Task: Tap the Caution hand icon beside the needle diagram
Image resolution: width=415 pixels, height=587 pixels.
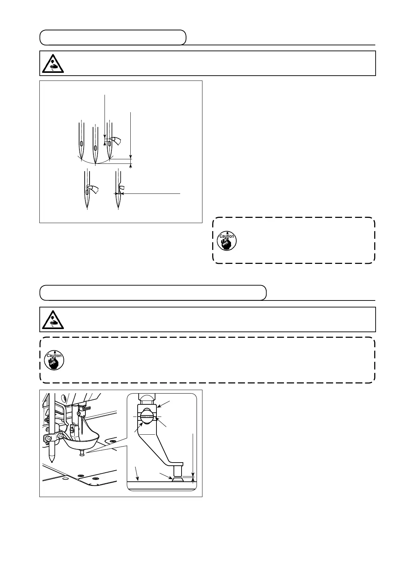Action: [x=226, y=241]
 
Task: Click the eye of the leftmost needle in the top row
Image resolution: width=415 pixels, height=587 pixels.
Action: [x=81, y=143]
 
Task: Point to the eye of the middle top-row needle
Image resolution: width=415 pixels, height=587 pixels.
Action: [x=95, y=147]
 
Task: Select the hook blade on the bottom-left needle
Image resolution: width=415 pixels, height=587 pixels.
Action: [x=93, y=189]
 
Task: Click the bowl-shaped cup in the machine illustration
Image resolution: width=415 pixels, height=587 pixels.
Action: [x=82, y=442]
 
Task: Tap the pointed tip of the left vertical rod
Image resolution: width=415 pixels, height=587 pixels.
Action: [x=52, y=461]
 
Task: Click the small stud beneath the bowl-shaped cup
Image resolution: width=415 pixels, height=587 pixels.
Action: [x=82, y=453]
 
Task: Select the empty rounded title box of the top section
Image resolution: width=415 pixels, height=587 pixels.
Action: [x=113, y=38]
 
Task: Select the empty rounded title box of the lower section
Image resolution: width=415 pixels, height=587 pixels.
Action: [x=153, y=293]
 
